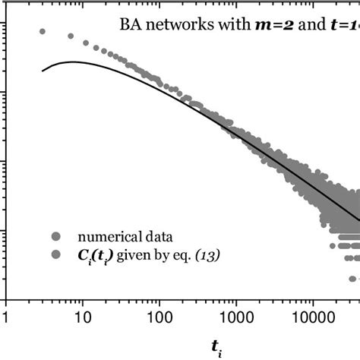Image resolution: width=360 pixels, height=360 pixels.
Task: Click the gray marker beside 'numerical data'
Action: pyautogui.click(x=54, y=234)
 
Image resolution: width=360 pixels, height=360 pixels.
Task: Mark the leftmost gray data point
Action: pyautogui.click(x=43, y=32)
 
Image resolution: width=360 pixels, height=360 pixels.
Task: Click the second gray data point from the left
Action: pyautogui.click(x=71, y=36)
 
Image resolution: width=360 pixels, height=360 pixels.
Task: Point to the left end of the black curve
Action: pyautogui.click(x=43, y=71)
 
